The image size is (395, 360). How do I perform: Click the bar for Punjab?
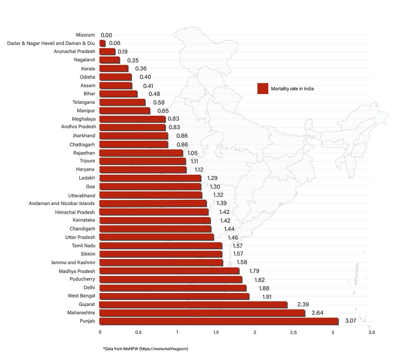[219, 321]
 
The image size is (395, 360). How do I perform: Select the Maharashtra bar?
[202, 313]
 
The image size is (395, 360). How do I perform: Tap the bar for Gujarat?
[193, 305]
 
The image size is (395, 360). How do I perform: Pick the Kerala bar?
[114, 69]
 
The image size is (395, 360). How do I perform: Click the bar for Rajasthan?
[141, 153]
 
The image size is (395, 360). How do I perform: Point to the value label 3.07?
[350, 321]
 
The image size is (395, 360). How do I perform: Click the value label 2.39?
[303, 304]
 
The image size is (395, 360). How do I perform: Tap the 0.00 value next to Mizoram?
[106, 35]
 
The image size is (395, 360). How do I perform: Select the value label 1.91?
[267, 297]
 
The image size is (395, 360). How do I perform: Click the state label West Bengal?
[81, 296]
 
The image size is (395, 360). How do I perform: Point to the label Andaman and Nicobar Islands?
[62, 203]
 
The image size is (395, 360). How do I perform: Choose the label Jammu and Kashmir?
[73, 262]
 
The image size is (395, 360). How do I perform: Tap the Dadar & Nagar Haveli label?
[51, 43]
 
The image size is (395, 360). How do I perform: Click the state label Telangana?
[84, 102]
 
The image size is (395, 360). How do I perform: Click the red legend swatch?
[262, 89]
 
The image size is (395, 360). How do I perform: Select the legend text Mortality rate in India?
[292, 89]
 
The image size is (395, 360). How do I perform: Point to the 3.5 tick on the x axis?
[371, 332]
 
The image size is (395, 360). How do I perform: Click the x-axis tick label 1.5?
[216, 332]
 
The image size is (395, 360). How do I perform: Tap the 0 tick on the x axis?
[100, 332]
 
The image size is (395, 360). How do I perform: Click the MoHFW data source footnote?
[146, 349]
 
